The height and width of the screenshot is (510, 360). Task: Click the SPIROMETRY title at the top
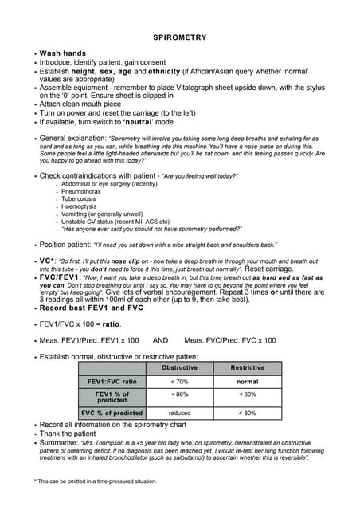[179, 37]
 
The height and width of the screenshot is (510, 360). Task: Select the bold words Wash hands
[62, 53]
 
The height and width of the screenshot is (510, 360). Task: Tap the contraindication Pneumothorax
[81, 192]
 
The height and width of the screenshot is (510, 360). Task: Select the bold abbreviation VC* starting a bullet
[47, 261]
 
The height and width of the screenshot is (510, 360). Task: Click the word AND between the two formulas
[162, 340]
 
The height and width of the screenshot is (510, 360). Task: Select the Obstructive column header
[179, 368]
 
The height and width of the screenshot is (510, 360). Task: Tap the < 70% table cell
[179, 382]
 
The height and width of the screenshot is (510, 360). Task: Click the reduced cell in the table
[179, 413]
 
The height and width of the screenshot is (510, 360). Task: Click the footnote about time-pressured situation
[95, 481]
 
